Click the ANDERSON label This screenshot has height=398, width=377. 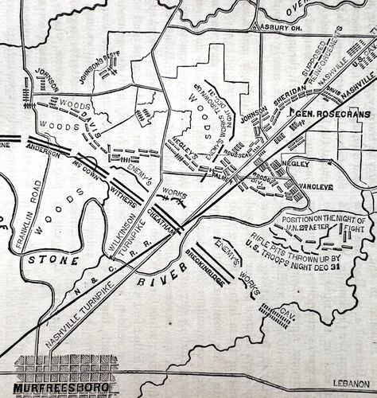43,150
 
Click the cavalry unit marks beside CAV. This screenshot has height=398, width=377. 275,318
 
